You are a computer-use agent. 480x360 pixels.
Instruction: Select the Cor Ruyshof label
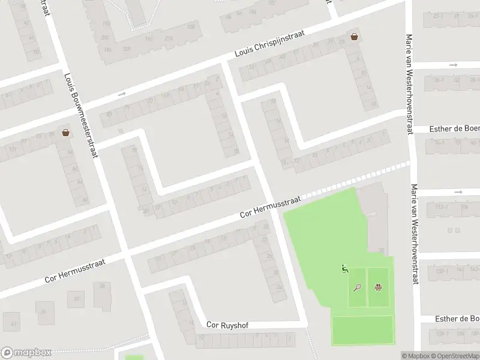point(227,325)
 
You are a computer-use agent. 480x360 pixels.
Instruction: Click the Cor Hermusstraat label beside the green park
point(269,206)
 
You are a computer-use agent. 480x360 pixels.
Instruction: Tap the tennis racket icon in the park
point(358,287)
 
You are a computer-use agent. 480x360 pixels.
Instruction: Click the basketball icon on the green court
point(378,287)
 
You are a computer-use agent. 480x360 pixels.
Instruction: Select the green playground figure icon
point(344,269)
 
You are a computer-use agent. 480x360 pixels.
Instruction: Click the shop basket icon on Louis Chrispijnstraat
point(355,37)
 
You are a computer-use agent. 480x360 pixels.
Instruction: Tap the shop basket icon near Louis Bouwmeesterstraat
point(65,133)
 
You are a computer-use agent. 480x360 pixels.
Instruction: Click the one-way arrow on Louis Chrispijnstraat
point(122,94)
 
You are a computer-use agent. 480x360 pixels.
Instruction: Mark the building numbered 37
point(76,298)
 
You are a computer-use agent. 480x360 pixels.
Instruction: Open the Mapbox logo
point(26,353)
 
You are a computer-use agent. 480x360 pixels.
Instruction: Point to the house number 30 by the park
point(380,251)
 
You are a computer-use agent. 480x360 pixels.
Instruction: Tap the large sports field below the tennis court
point(362,330)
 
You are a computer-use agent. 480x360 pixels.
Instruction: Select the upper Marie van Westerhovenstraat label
point(410,84)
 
